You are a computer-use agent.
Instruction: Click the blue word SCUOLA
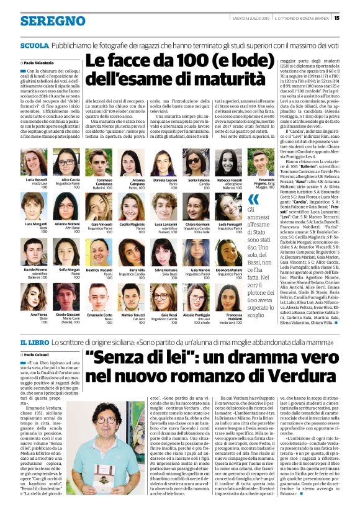pos(35,46)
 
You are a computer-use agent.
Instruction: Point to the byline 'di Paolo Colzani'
pos(37,355)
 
